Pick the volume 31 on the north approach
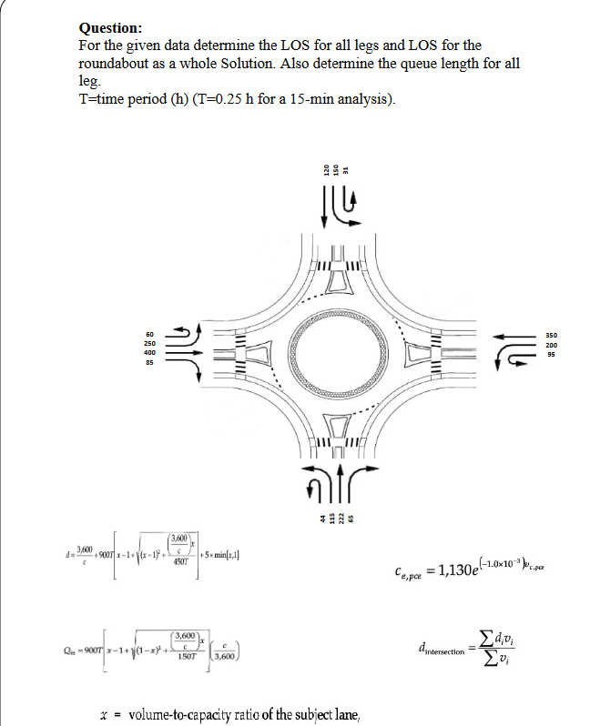347,169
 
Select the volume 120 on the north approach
324,169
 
